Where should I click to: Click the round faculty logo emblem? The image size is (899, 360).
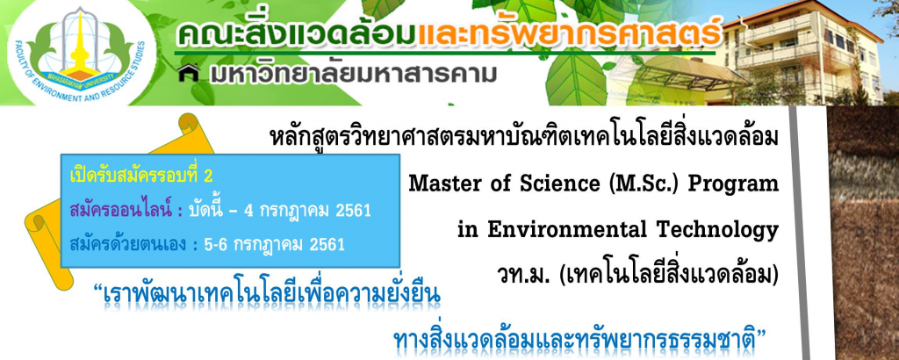pos(82,54)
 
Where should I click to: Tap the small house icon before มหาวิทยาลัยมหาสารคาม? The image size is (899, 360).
pos(189,74)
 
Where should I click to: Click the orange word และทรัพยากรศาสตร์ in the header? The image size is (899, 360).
pos(569,34)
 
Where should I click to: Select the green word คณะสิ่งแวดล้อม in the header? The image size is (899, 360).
pos(297,33)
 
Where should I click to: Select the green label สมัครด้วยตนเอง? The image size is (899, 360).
pos(127,245)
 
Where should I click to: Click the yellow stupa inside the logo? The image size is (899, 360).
pos(82,46)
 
